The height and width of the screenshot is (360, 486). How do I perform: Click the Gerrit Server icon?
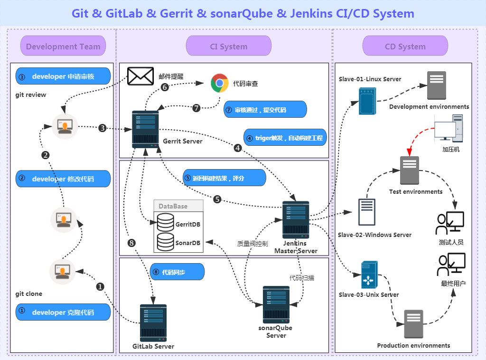(x=145, y=129)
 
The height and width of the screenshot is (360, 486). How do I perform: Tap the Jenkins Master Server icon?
(x=296, y=219)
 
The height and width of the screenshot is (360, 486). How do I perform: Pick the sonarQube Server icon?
(x=276, y=304)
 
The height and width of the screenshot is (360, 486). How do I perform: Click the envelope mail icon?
(x=140, y=76)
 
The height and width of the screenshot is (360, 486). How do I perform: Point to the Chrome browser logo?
(x=219, y=83)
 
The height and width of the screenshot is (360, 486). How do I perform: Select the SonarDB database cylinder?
(x=165, y=242)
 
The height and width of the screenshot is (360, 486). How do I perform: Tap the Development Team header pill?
(x=63, y=46)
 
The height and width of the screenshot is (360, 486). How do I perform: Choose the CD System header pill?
(x=405, y=46)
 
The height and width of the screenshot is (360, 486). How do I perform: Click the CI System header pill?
(x=228, y=46)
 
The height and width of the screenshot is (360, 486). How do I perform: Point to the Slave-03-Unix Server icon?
(x=369, y=275)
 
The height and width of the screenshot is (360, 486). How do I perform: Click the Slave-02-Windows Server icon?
(x=366, y=212)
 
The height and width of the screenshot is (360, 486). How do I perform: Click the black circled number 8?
(x=132, y=243)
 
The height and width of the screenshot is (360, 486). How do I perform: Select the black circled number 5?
(x=217, y=199)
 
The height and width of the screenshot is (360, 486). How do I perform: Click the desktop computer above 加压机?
(x=449, y=128)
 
